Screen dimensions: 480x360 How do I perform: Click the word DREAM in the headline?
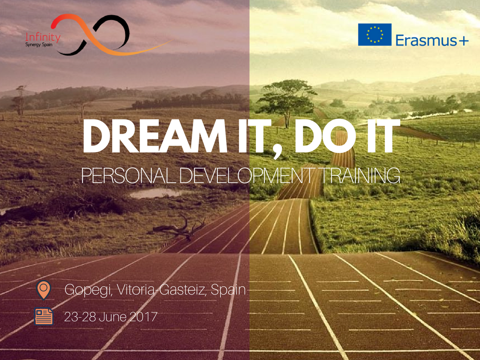[155, 136]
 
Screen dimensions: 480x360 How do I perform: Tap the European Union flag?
[375, 35]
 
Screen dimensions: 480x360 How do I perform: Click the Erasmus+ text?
[432, 40]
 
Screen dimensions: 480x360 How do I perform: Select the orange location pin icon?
[44, 290]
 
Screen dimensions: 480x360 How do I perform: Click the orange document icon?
[44, 316]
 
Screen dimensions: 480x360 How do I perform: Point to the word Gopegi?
[88, 290]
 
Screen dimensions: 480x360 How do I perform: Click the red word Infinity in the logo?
[43, 37]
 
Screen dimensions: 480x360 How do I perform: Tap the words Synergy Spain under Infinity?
[39, 45]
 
